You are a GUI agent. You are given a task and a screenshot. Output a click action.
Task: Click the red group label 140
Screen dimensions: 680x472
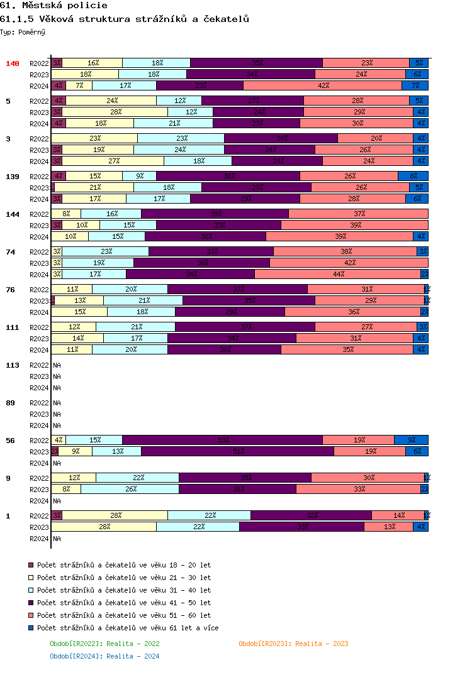[x=13, y=63]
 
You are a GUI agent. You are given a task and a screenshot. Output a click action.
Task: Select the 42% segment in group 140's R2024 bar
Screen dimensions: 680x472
[x=323, y=85]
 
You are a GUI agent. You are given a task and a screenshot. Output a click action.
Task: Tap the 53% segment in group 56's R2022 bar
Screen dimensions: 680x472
[x=222, y=440]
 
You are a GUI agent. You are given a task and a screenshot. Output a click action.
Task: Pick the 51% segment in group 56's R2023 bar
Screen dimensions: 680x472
[x=237, y=451]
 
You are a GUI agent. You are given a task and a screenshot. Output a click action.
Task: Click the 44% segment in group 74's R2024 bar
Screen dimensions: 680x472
[x=337, y=274]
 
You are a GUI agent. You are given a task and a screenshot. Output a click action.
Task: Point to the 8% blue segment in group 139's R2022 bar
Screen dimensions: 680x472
[x=413, y=176]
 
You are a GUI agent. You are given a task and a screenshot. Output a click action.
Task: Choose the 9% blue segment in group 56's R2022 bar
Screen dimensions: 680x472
[x=411, y=440]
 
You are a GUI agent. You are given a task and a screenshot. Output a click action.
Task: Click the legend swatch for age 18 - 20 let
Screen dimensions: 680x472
[x=31, y=565]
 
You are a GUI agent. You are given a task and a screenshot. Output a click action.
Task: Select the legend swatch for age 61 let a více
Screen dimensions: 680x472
[x=31, y=628]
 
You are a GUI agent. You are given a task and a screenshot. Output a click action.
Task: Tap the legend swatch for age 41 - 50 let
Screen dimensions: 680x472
[x=31, y=603]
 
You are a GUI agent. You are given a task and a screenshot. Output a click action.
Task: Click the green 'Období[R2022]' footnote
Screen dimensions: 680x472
[x=104, y=644]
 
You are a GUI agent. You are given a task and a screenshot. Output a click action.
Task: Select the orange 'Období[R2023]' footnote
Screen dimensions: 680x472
[x=293, y=644]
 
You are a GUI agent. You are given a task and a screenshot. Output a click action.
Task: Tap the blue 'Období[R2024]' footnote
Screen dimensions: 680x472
[x=104, y=656]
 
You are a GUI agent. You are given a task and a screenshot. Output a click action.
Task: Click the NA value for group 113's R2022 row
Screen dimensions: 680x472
[x=57, y=365]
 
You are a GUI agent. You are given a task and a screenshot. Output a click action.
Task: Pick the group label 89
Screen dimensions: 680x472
[x=10, y=403]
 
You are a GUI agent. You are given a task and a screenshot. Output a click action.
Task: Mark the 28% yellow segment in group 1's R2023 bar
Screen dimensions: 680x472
[x=104, y=527]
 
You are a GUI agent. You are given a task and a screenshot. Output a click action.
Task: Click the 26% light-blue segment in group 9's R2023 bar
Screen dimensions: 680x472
[x=130, y=489]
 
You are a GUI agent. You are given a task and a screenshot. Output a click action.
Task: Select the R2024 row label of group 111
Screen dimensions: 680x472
[x=39, y=350]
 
